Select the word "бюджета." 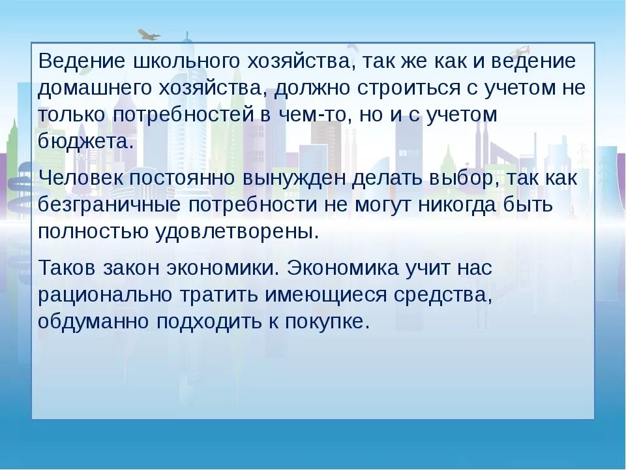(x=85, y=142)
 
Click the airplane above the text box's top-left (x=149, y=35)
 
